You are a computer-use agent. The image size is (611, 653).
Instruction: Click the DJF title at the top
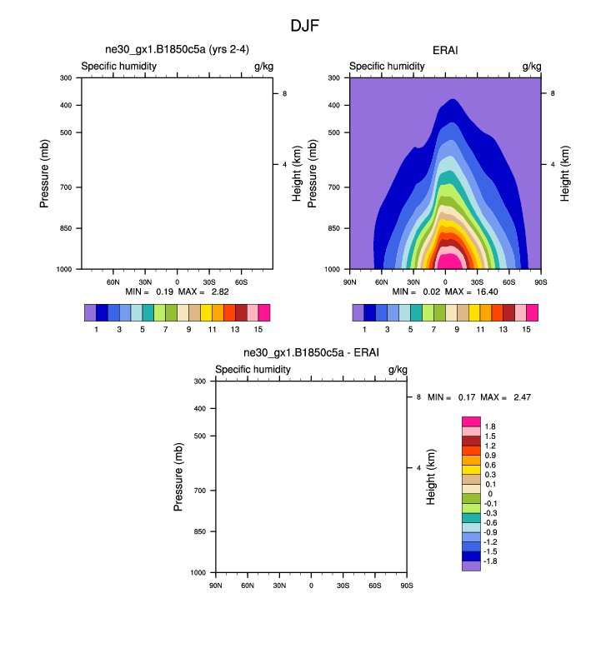click(305, 26)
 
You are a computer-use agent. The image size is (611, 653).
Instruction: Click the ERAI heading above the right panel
click(445, 51)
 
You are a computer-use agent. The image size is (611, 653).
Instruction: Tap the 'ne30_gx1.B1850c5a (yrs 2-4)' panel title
click(177, 51)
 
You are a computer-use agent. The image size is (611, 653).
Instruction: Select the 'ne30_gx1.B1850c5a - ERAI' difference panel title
click(311, 353)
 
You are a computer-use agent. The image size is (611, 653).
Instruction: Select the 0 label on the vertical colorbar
click(490, 494)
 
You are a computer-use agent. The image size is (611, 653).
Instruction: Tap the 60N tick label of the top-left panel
click(113, 282)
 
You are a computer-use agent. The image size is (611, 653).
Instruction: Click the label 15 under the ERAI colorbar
click(526, 331)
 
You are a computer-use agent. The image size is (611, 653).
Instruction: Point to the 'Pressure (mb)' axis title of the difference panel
click(178, 476)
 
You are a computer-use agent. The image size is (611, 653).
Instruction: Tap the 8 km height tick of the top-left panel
click(285, 94)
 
